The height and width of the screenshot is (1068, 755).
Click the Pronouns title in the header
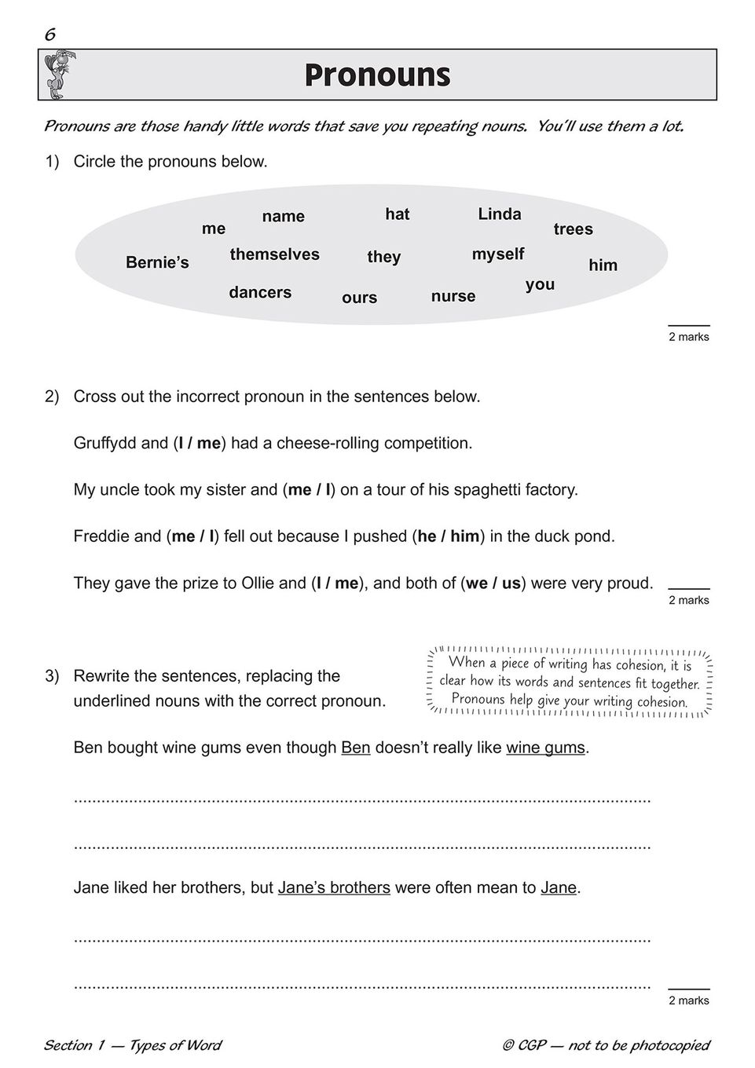(x=377, y=75)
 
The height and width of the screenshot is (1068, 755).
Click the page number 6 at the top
(x=49, y=34)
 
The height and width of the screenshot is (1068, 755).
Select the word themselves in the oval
(x=274, y=254)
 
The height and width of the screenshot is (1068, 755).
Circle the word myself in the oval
(x=497, y=254)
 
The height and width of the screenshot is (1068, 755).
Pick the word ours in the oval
(x=359, y=298)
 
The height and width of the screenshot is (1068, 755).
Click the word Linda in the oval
(x=499, y=214)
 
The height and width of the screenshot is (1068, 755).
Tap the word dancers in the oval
(x=260, y=292)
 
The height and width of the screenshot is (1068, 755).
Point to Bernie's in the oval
(x=157, y=263)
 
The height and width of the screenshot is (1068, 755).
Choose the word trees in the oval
(x=573, y=229)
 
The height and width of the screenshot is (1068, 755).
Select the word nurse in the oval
(x=453, y=296)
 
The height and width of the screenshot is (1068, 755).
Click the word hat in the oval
(x=397, y=214)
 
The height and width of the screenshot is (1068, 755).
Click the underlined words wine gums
(x=545, y=748)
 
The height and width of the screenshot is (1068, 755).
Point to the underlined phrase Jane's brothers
(x=334, y=888)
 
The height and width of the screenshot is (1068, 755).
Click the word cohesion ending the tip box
(x=655, y=702)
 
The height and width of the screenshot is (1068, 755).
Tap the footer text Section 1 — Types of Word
(x=132, y=1045)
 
